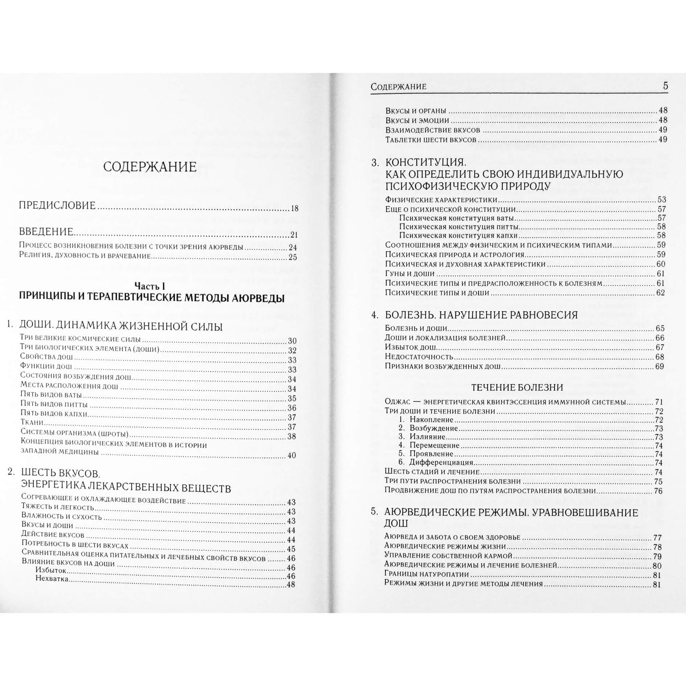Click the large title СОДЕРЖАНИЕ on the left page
point(150,167)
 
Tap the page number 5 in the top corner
point(666,86)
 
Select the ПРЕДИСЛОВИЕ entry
point(57,206)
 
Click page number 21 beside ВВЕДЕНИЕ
point(293,235)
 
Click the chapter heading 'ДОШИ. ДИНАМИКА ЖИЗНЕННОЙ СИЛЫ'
point(121,327)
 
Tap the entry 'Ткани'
point(32,422)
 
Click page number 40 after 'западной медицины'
point(291,455)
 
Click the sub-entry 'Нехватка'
point(52,579)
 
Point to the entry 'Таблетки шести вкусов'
point(431,139)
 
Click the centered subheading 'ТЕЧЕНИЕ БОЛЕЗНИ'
point(517,387)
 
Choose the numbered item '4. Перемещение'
point(429,445)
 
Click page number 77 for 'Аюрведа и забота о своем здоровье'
point(658,537)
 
